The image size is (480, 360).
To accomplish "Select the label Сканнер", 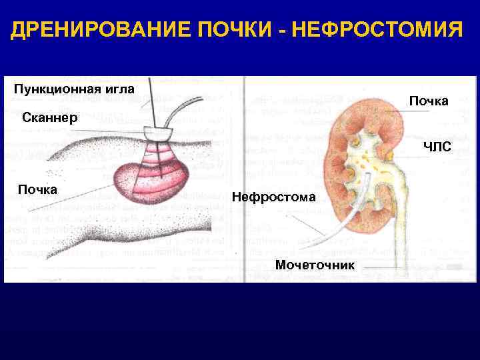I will click(51, 118).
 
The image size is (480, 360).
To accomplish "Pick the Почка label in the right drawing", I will click(429, 101).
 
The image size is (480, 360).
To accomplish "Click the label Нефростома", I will click(274, 197).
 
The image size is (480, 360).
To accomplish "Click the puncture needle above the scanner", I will click(151, 100).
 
